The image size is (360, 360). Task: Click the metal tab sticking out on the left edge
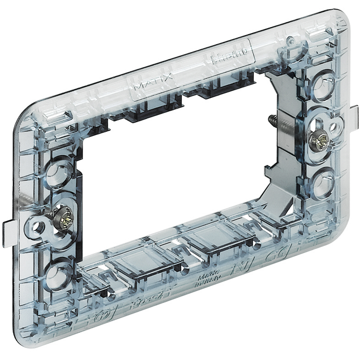[x=9, y=234]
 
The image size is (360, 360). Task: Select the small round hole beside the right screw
[x=333, y=127]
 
